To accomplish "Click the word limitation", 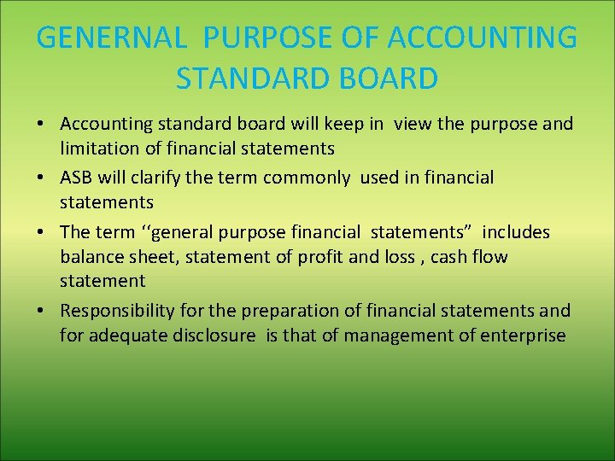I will tap(99, 149).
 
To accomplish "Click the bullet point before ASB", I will tap(41, 178).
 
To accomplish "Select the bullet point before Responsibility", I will tap(41, 311).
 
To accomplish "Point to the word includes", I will tap(516, 232).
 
